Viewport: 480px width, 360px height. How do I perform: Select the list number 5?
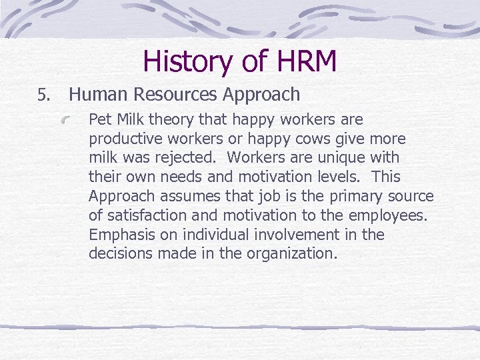tap(42, 96)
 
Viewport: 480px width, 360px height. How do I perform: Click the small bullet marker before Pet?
tap(80, 121)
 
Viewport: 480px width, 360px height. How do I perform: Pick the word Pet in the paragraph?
tap(99, 120)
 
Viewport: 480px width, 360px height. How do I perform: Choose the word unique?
tap(329, 159)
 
